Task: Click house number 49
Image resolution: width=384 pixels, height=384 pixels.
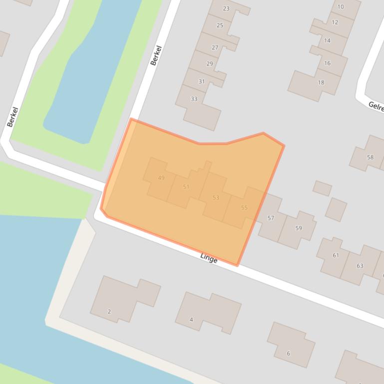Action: (161, 178)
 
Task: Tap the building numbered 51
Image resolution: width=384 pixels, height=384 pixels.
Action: (186, 187)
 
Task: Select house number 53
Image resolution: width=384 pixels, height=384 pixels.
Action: (216, 198)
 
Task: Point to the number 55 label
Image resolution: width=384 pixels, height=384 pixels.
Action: (244, 207)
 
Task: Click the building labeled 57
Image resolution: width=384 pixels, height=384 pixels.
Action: (271, 218)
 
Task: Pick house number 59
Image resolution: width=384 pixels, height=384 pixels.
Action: (299, 228)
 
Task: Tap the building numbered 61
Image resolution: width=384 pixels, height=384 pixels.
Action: (336, 255)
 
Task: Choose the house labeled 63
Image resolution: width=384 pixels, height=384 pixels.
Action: (360, 266)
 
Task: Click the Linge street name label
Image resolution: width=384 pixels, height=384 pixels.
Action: (209, 258)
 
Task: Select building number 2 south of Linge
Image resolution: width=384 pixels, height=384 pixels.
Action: (109, 312)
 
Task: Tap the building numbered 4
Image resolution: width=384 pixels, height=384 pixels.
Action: (191, 320)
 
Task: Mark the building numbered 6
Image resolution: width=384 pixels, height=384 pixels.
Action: (288, 353)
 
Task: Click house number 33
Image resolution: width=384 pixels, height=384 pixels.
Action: (194, 99)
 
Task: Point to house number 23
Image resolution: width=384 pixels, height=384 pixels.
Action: (226, 8)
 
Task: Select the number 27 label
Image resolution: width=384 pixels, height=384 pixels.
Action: (215, 48)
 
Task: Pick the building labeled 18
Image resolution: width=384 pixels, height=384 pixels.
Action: (321, 83)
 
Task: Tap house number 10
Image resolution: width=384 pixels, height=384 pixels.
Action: (341, 7)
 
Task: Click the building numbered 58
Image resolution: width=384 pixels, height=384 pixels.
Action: (370, 157)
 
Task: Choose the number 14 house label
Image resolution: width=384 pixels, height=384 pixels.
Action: (327, 41)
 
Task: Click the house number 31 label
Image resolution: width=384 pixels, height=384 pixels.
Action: (201, 82)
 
